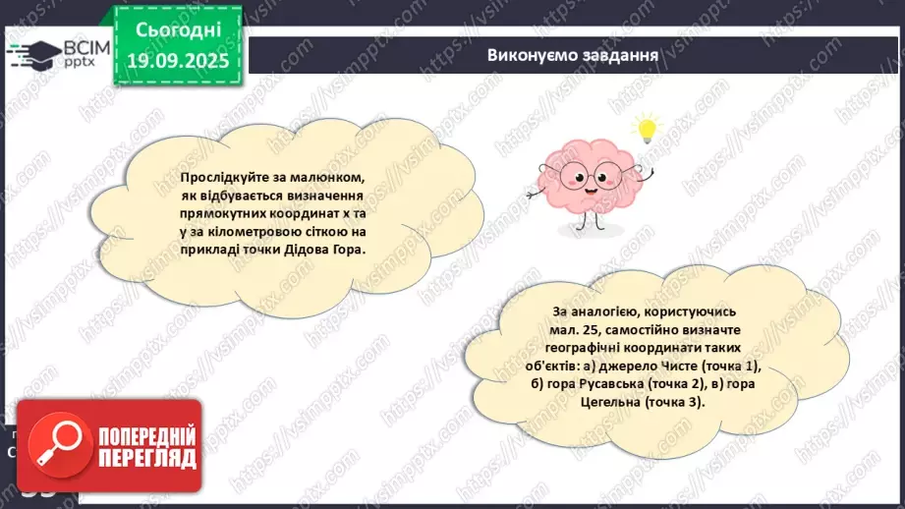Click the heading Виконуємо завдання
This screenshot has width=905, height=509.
click(x=572, y=54)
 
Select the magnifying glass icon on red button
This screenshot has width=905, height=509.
click(x=54, y=446)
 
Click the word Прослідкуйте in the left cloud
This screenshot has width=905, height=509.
click(x=225, y=178)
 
